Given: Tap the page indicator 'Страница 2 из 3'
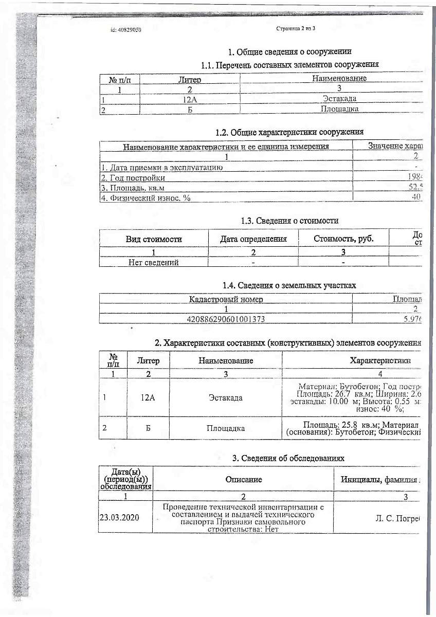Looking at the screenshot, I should pyautogui.click(x=296, y=29).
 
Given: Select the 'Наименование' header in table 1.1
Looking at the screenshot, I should pyautogui.click(x=339, y=79).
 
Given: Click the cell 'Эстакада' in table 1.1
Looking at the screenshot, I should pyautogui.click(x=339, y=98).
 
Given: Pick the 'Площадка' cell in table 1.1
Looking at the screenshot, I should pyautogui.click(x=339, y=109).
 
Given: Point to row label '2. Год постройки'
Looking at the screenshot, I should pyautogui.click(x=133, y=178).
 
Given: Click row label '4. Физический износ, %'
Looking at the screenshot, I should pyautogui.click(x=146, y=198).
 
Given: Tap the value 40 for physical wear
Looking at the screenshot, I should pyautogui.click(x=416, y=197).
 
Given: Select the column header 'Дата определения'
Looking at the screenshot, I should pyautogui.click(x=253, y=239).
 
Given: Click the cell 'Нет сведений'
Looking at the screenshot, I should pyautogui.click(x=154, y=262).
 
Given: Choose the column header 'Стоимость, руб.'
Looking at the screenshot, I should pyautogui.click(x=343, y=239).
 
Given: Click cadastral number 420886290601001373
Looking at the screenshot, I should pyautogui.click(x=226, y=319).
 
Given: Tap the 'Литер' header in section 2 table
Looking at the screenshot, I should pyautogui.click(x=148, y=360).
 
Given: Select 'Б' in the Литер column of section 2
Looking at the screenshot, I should pyautogui.click(x=148, y=428).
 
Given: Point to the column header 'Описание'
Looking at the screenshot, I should pyautogui.click(x=243, y=480).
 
